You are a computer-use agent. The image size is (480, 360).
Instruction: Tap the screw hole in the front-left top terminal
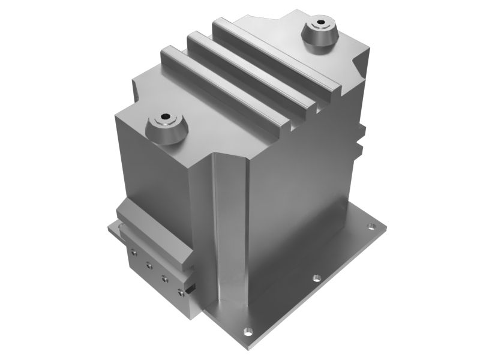coord(166,118)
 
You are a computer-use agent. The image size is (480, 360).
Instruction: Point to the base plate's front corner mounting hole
coord(246,331)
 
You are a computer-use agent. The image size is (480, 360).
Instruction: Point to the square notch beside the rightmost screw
coord(189,290)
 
